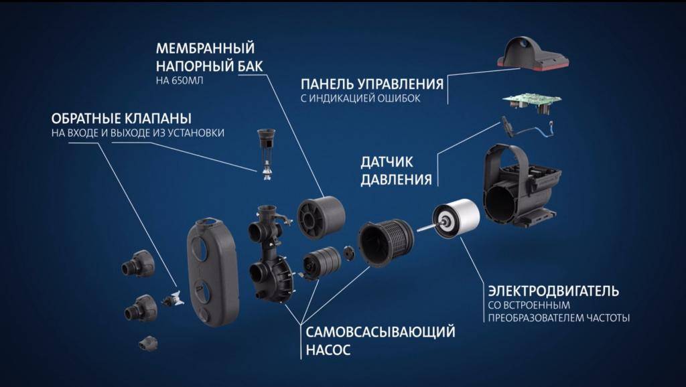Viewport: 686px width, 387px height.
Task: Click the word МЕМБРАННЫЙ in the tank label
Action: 205,48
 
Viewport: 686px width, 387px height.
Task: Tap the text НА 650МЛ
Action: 180,81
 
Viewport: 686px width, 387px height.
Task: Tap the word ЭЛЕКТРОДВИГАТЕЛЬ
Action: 553,291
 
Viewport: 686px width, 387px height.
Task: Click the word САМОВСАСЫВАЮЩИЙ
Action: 381,332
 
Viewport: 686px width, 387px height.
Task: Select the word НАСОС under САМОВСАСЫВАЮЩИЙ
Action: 328,350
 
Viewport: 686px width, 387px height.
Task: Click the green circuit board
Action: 532,103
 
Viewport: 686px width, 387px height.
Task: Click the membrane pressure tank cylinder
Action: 321,218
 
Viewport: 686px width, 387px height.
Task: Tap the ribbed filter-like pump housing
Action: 386,242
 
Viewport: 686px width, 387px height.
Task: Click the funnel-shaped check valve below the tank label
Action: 267,154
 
